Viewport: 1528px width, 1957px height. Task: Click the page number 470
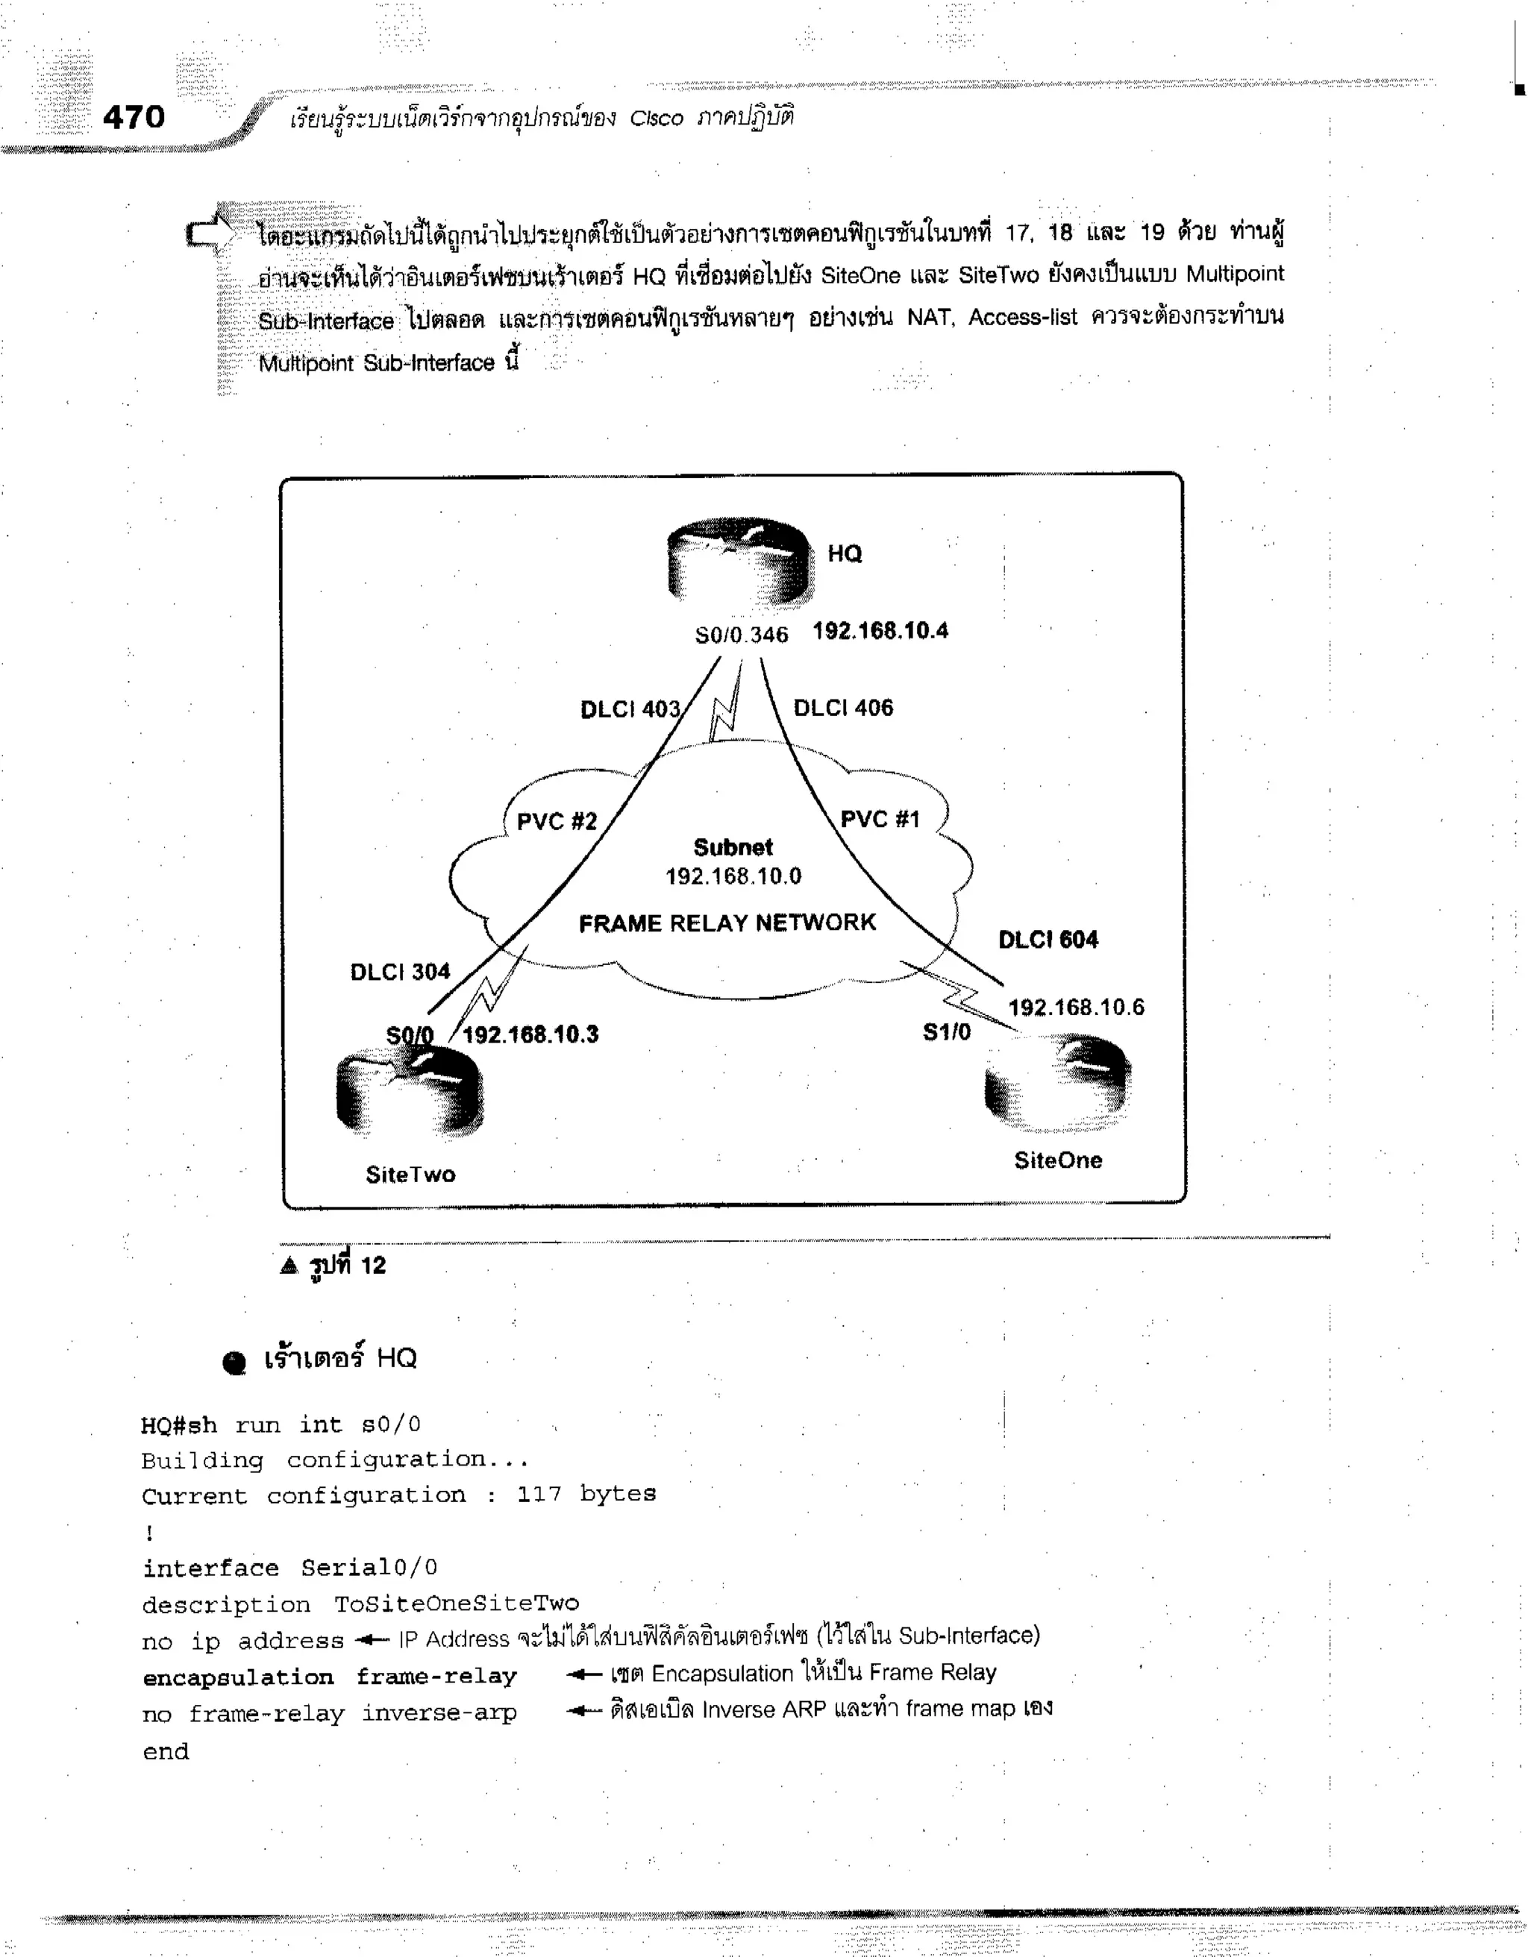point(134,117)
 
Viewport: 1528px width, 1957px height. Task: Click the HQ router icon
point(740,563)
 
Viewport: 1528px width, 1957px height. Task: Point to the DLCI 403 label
point(630,710)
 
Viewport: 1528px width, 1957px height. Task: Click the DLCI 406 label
point(843,708)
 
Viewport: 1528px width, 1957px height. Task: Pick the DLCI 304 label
point(400,973)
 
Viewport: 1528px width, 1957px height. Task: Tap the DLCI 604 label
point(1048,940)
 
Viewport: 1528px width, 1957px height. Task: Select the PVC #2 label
point(557,822)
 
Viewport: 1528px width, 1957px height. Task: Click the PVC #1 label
point(879,819)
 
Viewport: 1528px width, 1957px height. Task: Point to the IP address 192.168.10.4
point(880,631)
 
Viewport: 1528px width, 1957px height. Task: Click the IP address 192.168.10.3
point(530,1035)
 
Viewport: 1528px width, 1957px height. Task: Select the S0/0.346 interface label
point(741,635)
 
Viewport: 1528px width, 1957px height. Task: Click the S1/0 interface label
point(946,1032)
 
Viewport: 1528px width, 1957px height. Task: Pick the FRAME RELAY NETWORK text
point(727,923)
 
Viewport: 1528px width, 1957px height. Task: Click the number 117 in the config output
point(539,1494)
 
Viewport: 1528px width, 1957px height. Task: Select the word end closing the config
point(166,1751)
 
